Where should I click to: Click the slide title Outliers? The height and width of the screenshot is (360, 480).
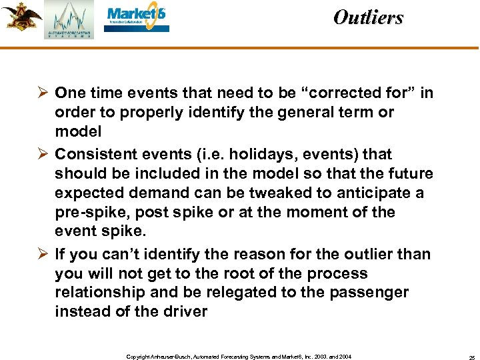point(368,17)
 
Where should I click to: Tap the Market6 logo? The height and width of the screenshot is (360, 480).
point(138,19)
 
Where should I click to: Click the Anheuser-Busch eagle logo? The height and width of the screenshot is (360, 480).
point(21,16)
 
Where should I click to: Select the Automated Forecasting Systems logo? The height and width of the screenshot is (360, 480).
point(69,20)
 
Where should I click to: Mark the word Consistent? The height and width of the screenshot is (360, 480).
point(93,155)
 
